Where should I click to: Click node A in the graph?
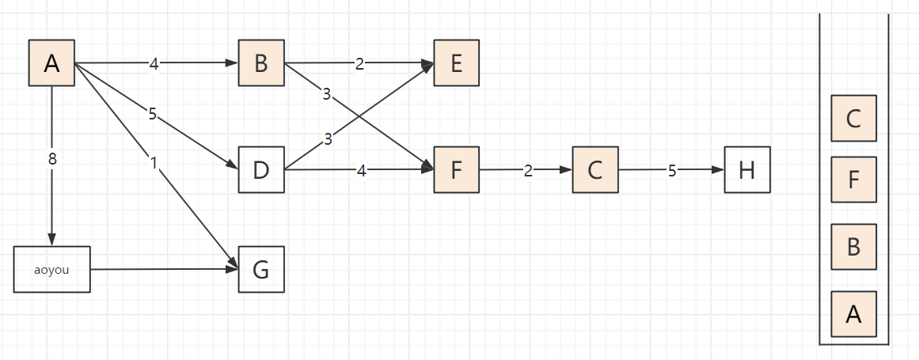tap(51, 63)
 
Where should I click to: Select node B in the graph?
tap(261, 63)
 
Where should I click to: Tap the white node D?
tap(261, 169)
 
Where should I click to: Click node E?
tap(456, 63)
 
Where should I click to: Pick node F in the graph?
tap(456, 169)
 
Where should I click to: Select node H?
tap(746, 169)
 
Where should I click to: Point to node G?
tap(261, 270)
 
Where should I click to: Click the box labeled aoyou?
tap(52, 270)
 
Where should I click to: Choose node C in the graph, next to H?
tap(595, 169)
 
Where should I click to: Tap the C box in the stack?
tap(853, 118)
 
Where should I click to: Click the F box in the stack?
tap(853, 180)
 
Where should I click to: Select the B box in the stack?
tap(853, 247)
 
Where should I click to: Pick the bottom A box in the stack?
tap(853, 314)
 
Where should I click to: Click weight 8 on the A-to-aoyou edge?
tap(52, 159)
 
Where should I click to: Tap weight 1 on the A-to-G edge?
tap(154, 163)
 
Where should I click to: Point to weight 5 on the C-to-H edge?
tap(672, 170)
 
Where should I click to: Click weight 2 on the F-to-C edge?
tap(527, 170)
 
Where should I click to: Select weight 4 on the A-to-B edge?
tap(154, 64)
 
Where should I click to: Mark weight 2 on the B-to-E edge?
tap(359, 64)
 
